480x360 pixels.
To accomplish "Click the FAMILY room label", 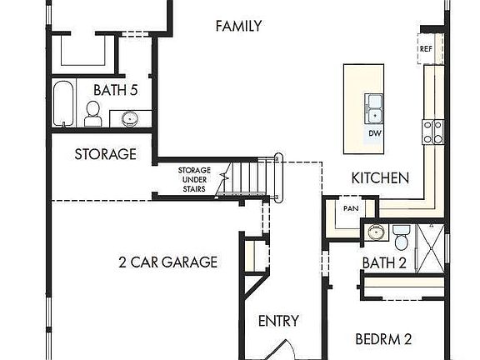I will click(238, 27).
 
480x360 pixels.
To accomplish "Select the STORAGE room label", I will click(105, 154).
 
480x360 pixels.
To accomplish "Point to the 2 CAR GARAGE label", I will click(167, 262).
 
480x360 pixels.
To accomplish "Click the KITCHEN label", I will click(380, 177).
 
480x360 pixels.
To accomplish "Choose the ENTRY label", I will click(278, 321).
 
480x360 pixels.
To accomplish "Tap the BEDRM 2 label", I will click(384, 339).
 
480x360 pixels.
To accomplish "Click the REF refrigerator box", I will click(427, 49).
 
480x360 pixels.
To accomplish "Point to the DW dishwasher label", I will click(375, 133).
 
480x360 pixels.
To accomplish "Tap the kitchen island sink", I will click(374, 107).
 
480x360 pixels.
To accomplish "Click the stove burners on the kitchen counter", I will click(433, 130).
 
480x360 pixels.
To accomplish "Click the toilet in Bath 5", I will click(92, 114).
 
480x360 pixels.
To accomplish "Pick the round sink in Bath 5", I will click(129, 118).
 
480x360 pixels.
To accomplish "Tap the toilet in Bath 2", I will click(401, 237).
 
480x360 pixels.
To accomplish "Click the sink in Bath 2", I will click(375, 231).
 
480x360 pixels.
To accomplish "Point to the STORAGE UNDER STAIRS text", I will click(194, 179).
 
